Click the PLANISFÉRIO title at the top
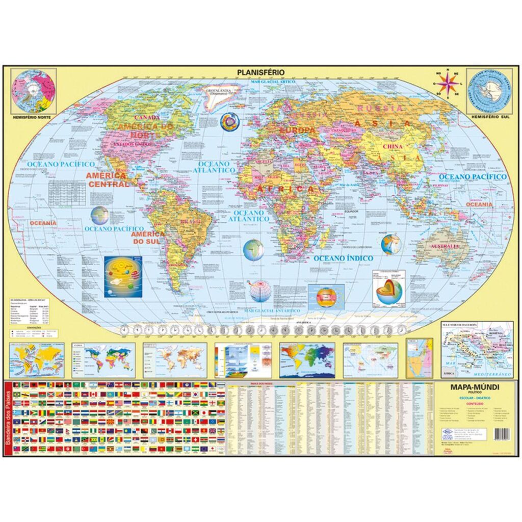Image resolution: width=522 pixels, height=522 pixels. click(x=261, y=72)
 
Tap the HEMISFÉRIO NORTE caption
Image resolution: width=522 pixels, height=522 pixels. click(x=34, y=117)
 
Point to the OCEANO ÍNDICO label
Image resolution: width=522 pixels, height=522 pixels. click(x=343, y=258)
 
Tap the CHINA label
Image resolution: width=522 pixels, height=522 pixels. click(x=393, y=147)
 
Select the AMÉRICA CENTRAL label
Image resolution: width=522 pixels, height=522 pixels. click(x=108, y=179)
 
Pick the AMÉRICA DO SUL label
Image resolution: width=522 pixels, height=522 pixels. click(x=148, y=237)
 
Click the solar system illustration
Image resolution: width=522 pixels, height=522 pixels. click(x=123, y=277)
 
